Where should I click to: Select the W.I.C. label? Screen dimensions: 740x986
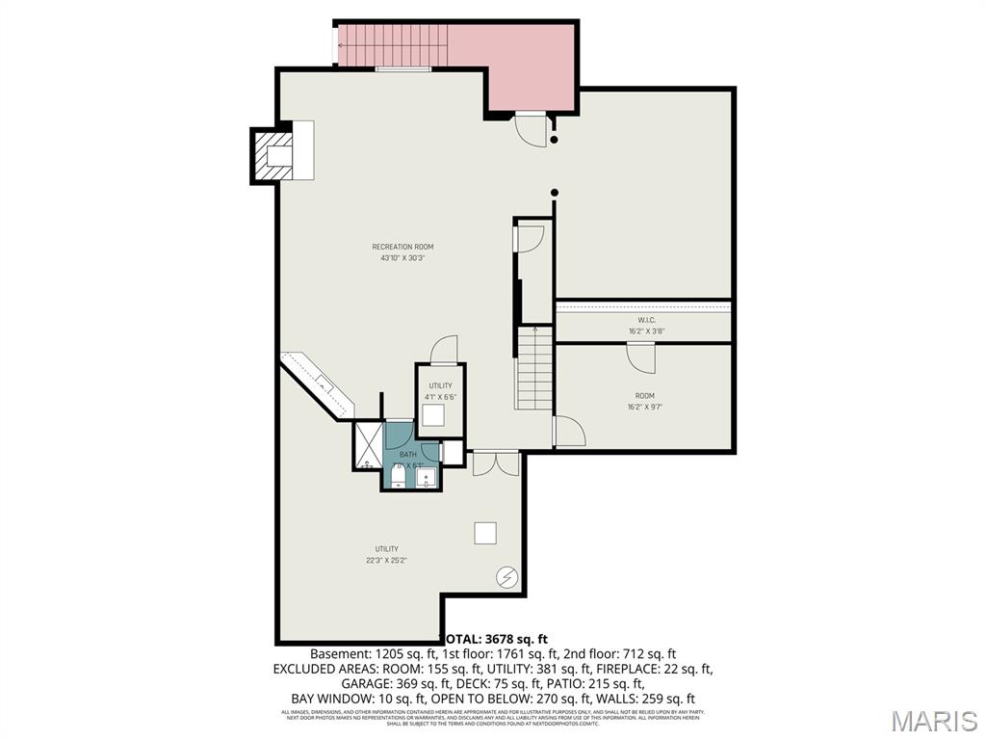(x=646, y=320)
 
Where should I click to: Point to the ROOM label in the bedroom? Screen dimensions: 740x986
(x=644, y=396)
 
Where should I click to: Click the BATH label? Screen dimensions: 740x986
(x=408, y=455)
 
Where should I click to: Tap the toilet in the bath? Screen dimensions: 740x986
(x=399, y=476)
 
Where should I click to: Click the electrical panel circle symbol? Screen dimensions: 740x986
(x=506, y=577)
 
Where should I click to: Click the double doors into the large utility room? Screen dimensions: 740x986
(x=496, y=463)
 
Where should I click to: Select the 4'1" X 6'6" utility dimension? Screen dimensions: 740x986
(x=440, y=397)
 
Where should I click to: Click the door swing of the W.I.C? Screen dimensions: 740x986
(x=640, y=357)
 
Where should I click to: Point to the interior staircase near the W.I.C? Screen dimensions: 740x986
(x=534, y=369)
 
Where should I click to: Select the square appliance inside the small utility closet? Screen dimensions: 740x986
(x=433, y=415)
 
